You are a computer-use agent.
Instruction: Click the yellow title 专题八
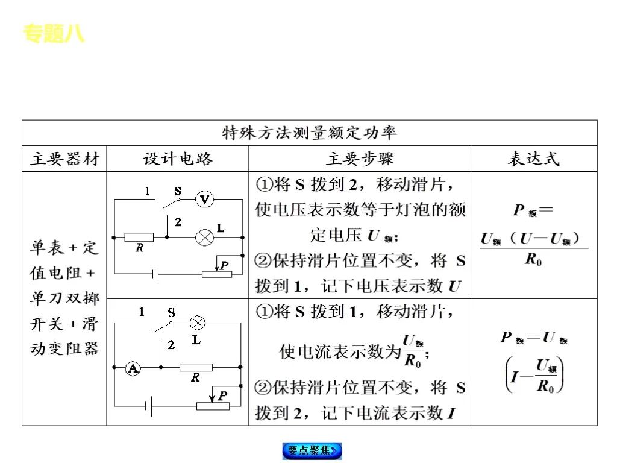pos(54,34)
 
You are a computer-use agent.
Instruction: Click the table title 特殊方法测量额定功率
pos(310,133)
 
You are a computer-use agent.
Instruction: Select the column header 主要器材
pos(64,159)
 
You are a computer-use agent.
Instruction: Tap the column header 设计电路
pos(178,159)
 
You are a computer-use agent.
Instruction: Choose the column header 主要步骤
pos(360,159)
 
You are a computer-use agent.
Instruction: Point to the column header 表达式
pos(534,159)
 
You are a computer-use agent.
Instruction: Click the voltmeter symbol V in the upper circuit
pos(205,199)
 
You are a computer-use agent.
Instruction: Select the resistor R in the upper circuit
pos(139,237)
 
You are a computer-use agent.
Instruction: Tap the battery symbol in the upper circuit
pos(156,274)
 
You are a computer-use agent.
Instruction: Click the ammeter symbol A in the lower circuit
pos(133,368)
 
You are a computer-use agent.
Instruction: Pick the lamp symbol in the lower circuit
pos(198,323)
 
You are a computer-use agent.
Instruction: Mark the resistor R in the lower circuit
pos(196,367)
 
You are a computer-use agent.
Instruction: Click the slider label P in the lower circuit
pos(222,395)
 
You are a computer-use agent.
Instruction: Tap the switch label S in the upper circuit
pos(178,191)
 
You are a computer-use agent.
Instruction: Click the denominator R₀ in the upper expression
pos(534,260)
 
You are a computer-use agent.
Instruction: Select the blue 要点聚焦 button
pos(312,450)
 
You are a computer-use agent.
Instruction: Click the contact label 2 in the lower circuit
pos(171,345)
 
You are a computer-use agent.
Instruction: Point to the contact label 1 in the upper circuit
pos(147,191)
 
